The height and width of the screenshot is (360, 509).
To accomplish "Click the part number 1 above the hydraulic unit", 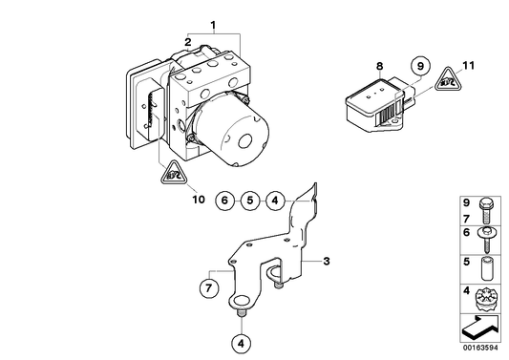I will [x=214, y=23].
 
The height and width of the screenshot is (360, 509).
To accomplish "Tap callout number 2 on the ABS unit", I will [x=189, y=42].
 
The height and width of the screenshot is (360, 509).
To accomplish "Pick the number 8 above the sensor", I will [x=379, y=66].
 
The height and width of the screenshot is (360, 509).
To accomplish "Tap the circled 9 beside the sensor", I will [x=417, y=66].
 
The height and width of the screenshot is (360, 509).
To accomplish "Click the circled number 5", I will [x=248, y=201].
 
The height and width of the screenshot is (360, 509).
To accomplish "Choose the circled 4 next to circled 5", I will [x=273, y=201].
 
